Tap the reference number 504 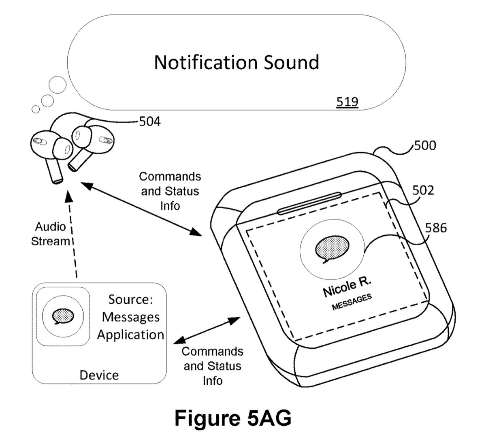click(149, 121)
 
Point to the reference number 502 click(422, 190)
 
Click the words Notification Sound click(237, 62)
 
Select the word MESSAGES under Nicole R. click(352, 302)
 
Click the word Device click(99, 375)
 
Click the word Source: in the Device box click(130, 300)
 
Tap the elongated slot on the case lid click(309, 203)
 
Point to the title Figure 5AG click(233, 418)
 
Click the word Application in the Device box click(130, 335)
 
